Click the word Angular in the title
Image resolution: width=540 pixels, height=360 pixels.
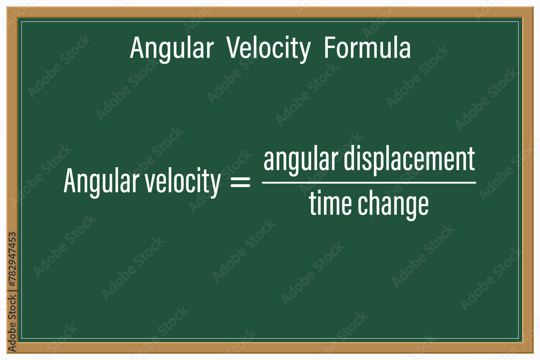pos(171,49)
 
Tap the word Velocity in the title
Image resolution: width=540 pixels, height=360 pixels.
pos(268,49)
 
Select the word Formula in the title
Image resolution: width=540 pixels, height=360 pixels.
pos(367,49)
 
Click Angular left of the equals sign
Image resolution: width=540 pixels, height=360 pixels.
pos(101,182)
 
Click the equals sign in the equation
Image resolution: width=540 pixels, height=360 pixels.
pos(241,183)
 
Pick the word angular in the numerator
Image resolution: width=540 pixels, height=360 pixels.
pos(295,160)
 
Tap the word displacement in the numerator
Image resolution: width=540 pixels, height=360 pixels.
pos(404,160)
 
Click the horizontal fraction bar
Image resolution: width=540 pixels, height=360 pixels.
pos(369,182)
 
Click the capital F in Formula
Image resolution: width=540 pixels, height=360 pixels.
pos(329,49)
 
